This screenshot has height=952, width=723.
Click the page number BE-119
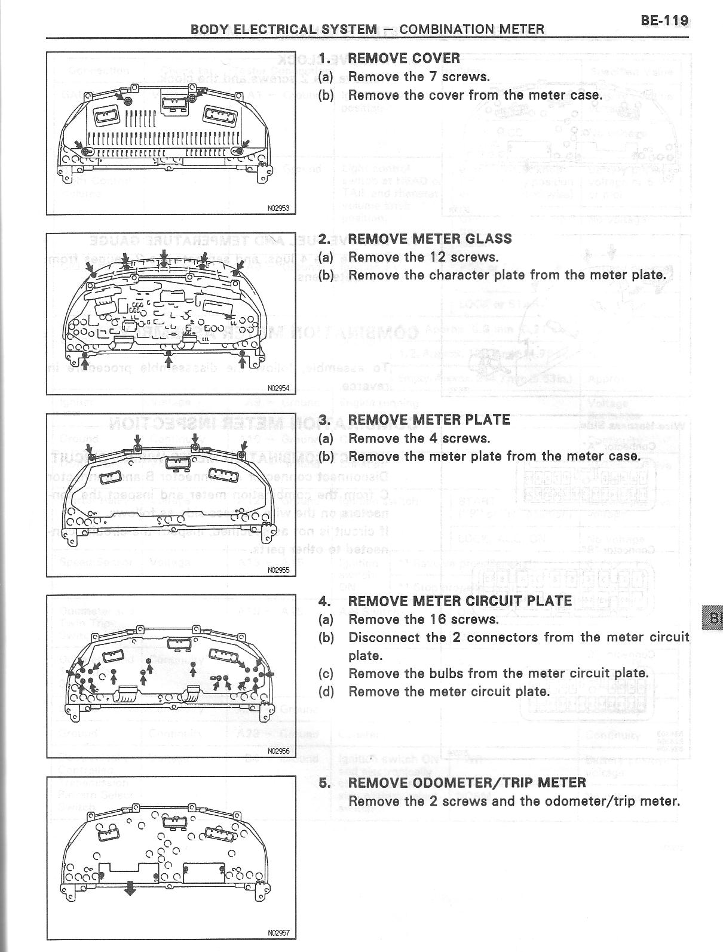[664, 20]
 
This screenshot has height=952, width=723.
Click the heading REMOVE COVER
[404, 58]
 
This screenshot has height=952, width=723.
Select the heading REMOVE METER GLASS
[430, 239]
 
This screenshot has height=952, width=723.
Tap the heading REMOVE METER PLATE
[429, 420]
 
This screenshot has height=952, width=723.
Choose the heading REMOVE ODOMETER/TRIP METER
[467, 782]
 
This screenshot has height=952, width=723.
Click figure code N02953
[278, 208]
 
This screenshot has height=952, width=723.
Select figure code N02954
[278, 388]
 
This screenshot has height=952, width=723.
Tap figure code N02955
[278, 570]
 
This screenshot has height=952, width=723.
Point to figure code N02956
[278, 751]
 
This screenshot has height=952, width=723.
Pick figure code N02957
[278, 932]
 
